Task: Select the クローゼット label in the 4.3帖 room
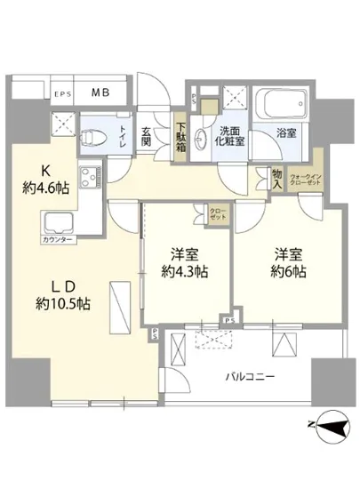click(217, 213)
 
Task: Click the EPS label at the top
click(62, 93)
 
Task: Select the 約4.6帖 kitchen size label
click(41, 187)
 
